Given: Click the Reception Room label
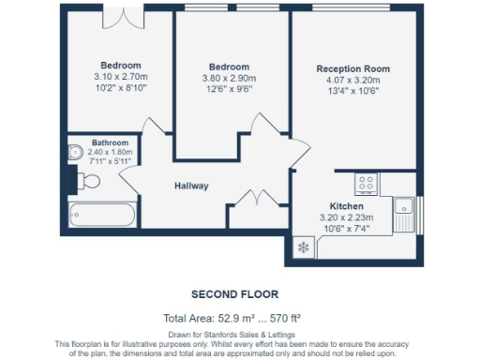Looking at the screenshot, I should click(352, 69).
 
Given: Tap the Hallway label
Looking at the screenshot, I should click(191, 186).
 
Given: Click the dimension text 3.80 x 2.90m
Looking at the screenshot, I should click(229, 79).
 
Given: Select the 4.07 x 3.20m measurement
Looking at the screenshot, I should click(352, 81).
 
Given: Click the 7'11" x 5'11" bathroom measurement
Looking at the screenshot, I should click(110, 160).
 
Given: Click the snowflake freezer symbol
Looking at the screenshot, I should click(302, 247).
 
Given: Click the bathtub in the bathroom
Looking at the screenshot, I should click(100, 215).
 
